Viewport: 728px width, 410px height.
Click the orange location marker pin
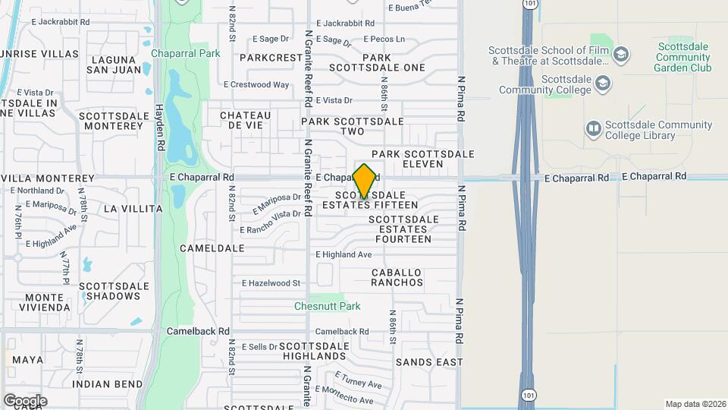click(x=364, y=181)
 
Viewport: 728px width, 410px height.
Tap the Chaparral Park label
click(x=185, y=53)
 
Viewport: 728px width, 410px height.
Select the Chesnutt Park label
click(x=328, y=306)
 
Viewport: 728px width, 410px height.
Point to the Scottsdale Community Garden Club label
click(x=682, y=57)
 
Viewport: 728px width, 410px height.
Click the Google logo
click(x=25, y=400)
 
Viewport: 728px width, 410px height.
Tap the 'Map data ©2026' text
click(x=695, y=404)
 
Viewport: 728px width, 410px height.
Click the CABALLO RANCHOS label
click(x=397, y=277)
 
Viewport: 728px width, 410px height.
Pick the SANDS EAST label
click(x=428, y=362)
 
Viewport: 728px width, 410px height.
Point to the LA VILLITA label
click(x=133, y=208)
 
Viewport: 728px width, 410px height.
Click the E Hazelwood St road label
click(x=271, y=283)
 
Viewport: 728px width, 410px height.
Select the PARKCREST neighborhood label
click(x=271, y=57)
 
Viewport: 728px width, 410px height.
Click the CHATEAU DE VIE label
click(x=246, y=120)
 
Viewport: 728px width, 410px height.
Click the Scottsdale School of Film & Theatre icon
click(x=621, y=54)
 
